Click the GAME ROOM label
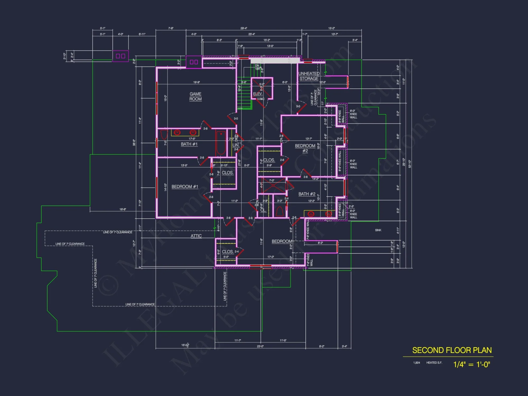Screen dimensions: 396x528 point(195,96)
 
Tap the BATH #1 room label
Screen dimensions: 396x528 point(189,144)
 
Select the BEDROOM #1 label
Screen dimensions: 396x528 point(185,187)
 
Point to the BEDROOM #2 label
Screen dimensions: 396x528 point(305,148)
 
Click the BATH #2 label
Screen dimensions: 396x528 point(307,194)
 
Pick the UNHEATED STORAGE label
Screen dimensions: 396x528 point(309,76)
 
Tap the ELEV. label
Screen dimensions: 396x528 point(258,94)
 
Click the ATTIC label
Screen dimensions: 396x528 point(196,236)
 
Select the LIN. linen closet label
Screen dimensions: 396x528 point(236,145)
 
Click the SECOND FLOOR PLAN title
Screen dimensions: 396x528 point(452,350)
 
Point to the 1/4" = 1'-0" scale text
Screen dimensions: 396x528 point(472,364)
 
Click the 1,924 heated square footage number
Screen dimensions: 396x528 point(417,363)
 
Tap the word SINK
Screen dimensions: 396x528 point(378,230)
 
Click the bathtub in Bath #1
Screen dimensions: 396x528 point(221,144)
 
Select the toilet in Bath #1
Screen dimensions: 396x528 point(164,135)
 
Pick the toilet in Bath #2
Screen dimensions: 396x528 point(280,211)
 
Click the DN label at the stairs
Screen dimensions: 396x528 point(257,66)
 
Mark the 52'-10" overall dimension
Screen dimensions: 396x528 point(409,164)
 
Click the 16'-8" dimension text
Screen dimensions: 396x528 point(122,209)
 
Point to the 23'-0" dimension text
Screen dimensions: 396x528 point(260,346)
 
